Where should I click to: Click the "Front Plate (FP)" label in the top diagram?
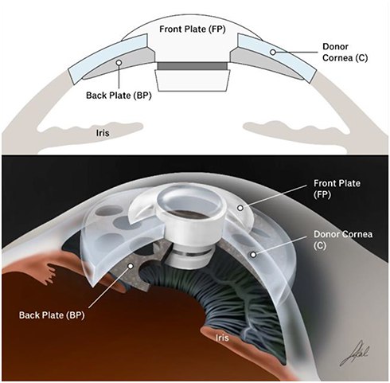[193, 29]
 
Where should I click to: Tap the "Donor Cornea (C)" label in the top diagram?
[345, 52]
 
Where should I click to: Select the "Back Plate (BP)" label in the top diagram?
[119, 96]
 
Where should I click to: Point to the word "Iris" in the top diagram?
[103, 132]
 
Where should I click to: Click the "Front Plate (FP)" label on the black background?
[337, 189]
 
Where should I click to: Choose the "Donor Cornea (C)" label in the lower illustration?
[343, 240]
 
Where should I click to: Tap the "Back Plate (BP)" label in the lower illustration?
[52, 315]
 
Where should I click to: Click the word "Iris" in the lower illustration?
[222, 338]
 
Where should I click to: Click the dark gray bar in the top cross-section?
[193, 66]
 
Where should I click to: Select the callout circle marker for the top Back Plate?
[119, 63]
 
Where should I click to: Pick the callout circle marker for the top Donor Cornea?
[273, 52]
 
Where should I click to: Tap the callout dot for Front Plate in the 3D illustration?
[240, 208]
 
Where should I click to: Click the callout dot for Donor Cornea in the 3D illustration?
[253, 255]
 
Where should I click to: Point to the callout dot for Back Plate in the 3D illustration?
[131, 266]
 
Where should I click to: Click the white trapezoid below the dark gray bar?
[193, 80]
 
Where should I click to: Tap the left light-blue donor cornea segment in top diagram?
[108, 59]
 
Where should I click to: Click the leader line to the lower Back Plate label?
[108, 288]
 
